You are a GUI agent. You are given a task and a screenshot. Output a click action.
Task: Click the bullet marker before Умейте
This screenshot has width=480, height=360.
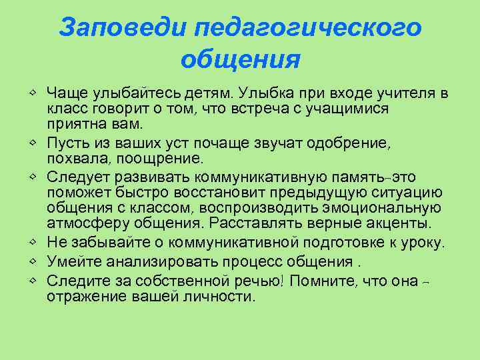point(33,261)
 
